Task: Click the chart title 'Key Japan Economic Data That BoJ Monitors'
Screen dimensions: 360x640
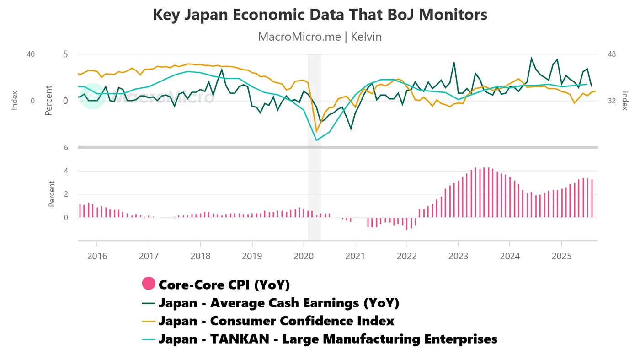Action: point(320,15)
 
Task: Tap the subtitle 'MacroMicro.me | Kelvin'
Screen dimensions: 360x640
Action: point(320,37)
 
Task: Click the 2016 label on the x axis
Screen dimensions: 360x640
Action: point(97,255)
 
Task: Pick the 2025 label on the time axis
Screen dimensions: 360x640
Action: point(562,255)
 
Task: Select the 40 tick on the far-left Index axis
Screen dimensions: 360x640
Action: point(31,54)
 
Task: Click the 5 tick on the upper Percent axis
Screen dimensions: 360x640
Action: point(65,54)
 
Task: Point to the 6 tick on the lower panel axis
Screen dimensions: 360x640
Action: point(66,147)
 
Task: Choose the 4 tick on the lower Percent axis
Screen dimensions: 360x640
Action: point(66,171)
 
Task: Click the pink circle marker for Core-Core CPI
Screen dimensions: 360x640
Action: point(149,284)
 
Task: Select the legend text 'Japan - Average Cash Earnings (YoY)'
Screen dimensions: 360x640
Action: point(279,303)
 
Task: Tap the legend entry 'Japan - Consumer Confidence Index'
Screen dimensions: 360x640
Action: point(276,321)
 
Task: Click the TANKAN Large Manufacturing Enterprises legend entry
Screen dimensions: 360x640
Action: point(328,339)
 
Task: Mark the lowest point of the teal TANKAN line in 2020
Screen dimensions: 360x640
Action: point(316,140)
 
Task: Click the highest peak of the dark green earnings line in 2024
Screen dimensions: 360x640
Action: point(531,58)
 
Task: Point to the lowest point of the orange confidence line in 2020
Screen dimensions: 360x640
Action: point(316,131)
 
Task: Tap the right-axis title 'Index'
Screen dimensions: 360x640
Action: point(625,101)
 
